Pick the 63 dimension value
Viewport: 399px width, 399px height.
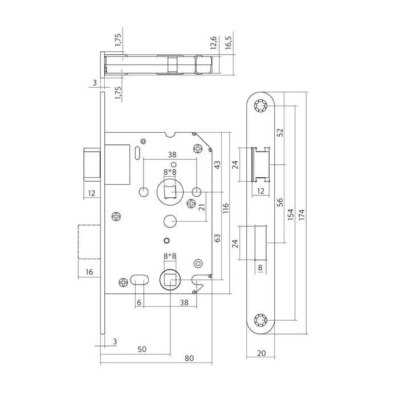tap(217, 237)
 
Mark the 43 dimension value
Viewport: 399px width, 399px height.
tap(217, 164)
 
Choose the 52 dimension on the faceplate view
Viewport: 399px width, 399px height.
tap(279, 132)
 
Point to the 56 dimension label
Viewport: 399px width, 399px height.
tap(279, 204)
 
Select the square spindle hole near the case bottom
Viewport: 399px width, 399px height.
tap(169, 279)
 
